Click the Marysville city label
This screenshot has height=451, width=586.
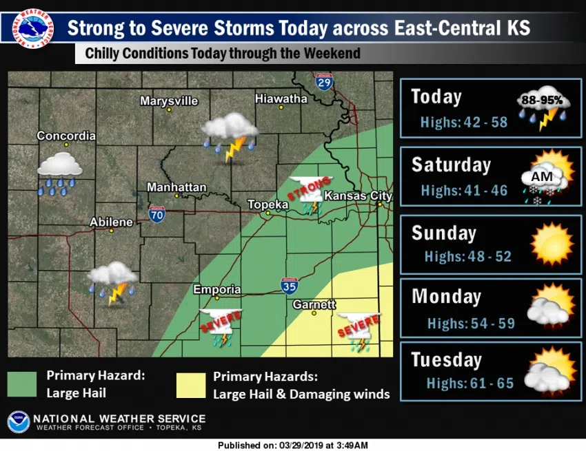click(169, 101)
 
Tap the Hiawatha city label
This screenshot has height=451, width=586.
click(281, 98)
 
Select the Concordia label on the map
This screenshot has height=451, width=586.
click(66, 136)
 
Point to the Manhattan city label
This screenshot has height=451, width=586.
click(176, 187)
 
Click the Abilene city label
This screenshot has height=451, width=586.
click(111, 222)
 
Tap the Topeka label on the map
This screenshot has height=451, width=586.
click(268, 205)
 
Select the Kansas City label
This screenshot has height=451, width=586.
click(358, 196)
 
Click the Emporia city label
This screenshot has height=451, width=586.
click(217, 289)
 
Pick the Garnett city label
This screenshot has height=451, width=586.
click(314, 304)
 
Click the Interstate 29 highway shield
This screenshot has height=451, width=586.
click(324, 83)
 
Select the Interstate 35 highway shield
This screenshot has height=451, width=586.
click(290, 285)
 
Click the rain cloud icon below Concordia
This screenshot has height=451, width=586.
click(59, 173)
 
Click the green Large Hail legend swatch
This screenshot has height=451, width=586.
click(22, 384)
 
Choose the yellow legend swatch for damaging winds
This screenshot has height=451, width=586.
click(190, 385)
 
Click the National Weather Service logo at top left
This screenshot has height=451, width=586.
click(31, 29)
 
